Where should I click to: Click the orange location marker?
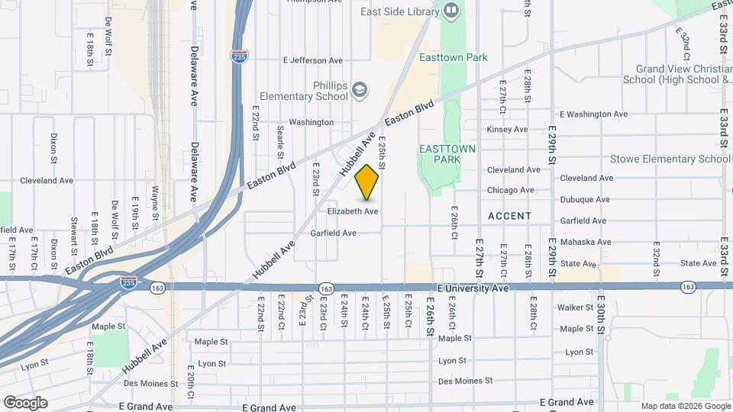367,182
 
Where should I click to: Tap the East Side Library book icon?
450,11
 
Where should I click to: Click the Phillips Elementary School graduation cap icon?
360,92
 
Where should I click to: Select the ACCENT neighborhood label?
509,216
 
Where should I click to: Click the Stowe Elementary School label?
670,159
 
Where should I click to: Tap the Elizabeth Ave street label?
353,211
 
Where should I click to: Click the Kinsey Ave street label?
507,130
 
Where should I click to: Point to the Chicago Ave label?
511,190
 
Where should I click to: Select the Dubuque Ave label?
585,200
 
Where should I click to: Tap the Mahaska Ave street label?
585,243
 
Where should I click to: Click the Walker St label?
576,307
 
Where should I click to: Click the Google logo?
25,402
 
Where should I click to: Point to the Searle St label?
281,138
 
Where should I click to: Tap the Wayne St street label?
154,203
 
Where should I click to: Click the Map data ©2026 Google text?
684,406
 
